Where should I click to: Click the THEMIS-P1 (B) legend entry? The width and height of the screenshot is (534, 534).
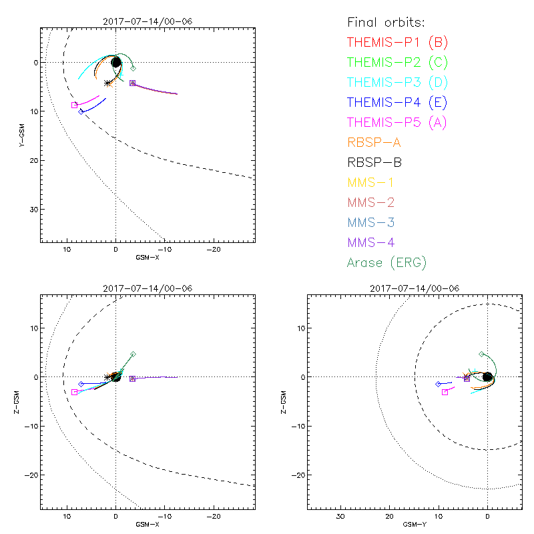[x=397, y=43]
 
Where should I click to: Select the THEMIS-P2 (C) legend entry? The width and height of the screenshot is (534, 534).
[x=397, y=63]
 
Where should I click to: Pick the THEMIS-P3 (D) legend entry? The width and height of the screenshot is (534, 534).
[x=397, y=83]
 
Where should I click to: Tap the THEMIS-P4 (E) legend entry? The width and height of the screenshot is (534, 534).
[x=397, y=102]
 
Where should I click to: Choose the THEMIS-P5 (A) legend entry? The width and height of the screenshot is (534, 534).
[x=397, y=122]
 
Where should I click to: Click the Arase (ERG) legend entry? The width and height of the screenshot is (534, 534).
[x=386, y=262]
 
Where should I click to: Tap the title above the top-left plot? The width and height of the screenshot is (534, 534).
[x=148, y=21]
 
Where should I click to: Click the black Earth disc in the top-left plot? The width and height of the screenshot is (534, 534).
[x=116, y=63]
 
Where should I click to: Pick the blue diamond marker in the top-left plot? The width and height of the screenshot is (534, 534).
[x=81, y=111]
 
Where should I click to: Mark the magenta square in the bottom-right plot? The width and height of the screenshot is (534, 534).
[x=445, y=392]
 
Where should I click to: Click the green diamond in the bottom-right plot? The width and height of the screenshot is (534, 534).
[x=481, y=354]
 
